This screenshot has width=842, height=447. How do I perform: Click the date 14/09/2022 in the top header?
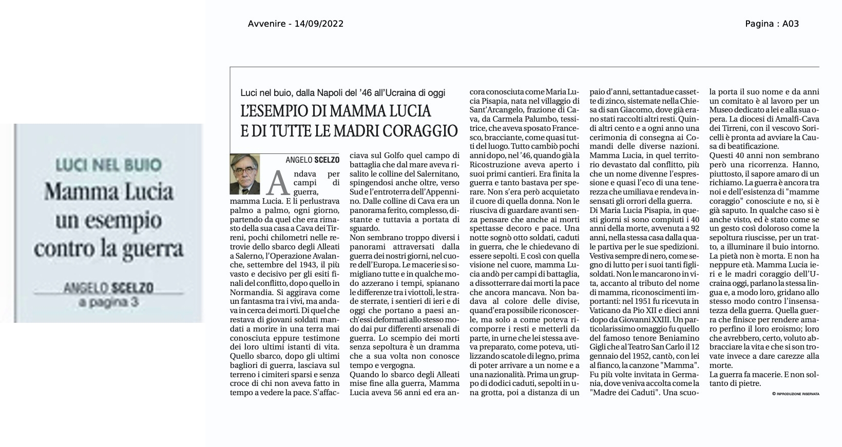[x=319, y=24]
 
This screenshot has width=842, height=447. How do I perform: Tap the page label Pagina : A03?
[x=772, y=24]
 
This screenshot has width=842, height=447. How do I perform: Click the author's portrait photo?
[x=245, y=174]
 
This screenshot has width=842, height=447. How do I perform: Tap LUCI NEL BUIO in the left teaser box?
[x=109, y=165]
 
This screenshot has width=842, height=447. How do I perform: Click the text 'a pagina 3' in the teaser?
[x=109, y=302]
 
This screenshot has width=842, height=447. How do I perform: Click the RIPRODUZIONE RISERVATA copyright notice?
[x=795, y=394]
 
